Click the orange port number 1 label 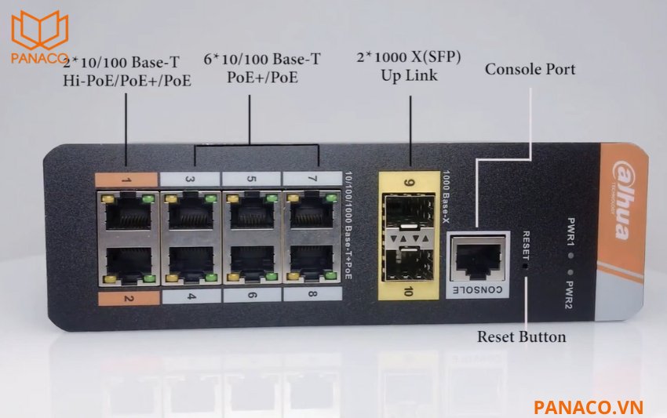[x=126, y=179]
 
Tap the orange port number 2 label [x=126, y=297]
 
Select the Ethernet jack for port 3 [x=190, y=210]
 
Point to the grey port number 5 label [x=250, y=179]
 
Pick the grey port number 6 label [x=250, y=297]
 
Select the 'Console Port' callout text [x=530, y=69]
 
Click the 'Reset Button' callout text [x=521, y=337]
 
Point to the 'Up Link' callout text [x=409, y=76]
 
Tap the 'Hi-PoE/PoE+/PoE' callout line [x=127, y=79]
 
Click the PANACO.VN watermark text [x=589, y=405]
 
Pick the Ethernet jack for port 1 [x=129, y=210]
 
